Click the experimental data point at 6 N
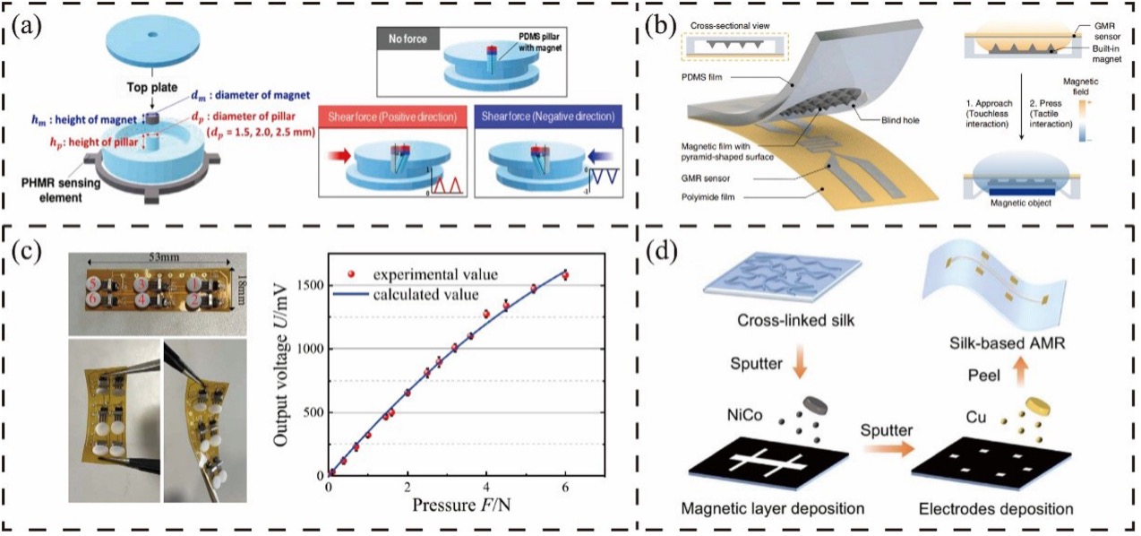pyautogui.click(x=564, y=275)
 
